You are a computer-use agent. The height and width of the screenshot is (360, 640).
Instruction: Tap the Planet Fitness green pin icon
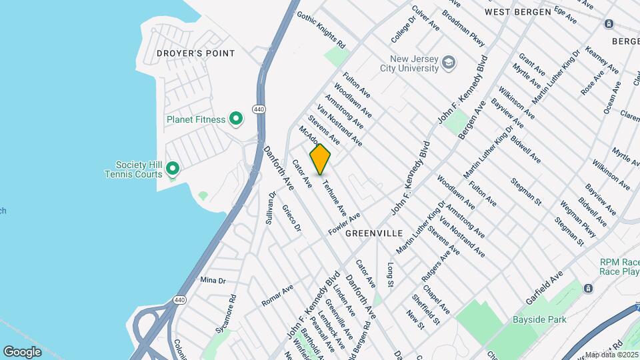point(235,119)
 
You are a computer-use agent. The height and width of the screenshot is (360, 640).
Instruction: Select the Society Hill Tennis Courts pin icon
point(173,169)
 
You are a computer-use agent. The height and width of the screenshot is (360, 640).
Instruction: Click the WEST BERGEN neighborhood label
point(517,12)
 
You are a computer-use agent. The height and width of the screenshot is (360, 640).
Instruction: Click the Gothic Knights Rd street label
point(321,29)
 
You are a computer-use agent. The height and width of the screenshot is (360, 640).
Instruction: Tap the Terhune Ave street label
point(335,198)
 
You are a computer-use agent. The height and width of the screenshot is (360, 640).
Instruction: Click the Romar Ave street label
point(277,295)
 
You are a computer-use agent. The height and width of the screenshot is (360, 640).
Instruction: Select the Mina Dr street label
point(213,281)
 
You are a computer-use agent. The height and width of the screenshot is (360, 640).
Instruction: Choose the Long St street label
point(391,275)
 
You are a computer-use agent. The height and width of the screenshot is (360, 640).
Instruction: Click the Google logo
point(23,351)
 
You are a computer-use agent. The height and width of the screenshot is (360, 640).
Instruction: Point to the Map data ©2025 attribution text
point(611,355)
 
